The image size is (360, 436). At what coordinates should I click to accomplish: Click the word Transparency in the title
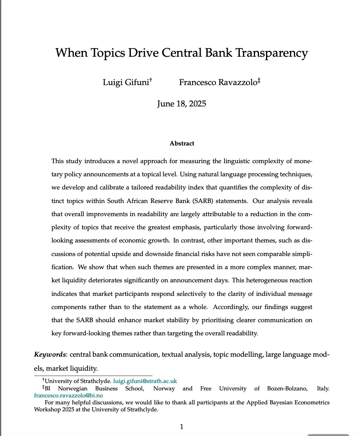(x=271, y=53)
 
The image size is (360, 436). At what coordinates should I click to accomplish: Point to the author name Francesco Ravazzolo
(x=218, y=83)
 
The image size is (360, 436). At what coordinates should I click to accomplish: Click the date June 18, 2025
(x=181, y=104)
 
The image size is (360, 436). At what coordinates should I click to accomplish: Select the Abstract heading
(x=181, y=143)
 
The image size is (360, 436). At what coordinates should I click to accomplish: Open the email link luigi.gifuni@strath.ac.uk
(x=145, y=381)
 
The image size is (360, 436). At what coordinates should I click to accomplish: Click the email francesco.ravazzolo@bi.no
(x=69, y=395)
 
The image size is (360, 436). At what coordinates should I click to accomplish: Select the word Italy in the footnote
(x=323, y=388)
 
